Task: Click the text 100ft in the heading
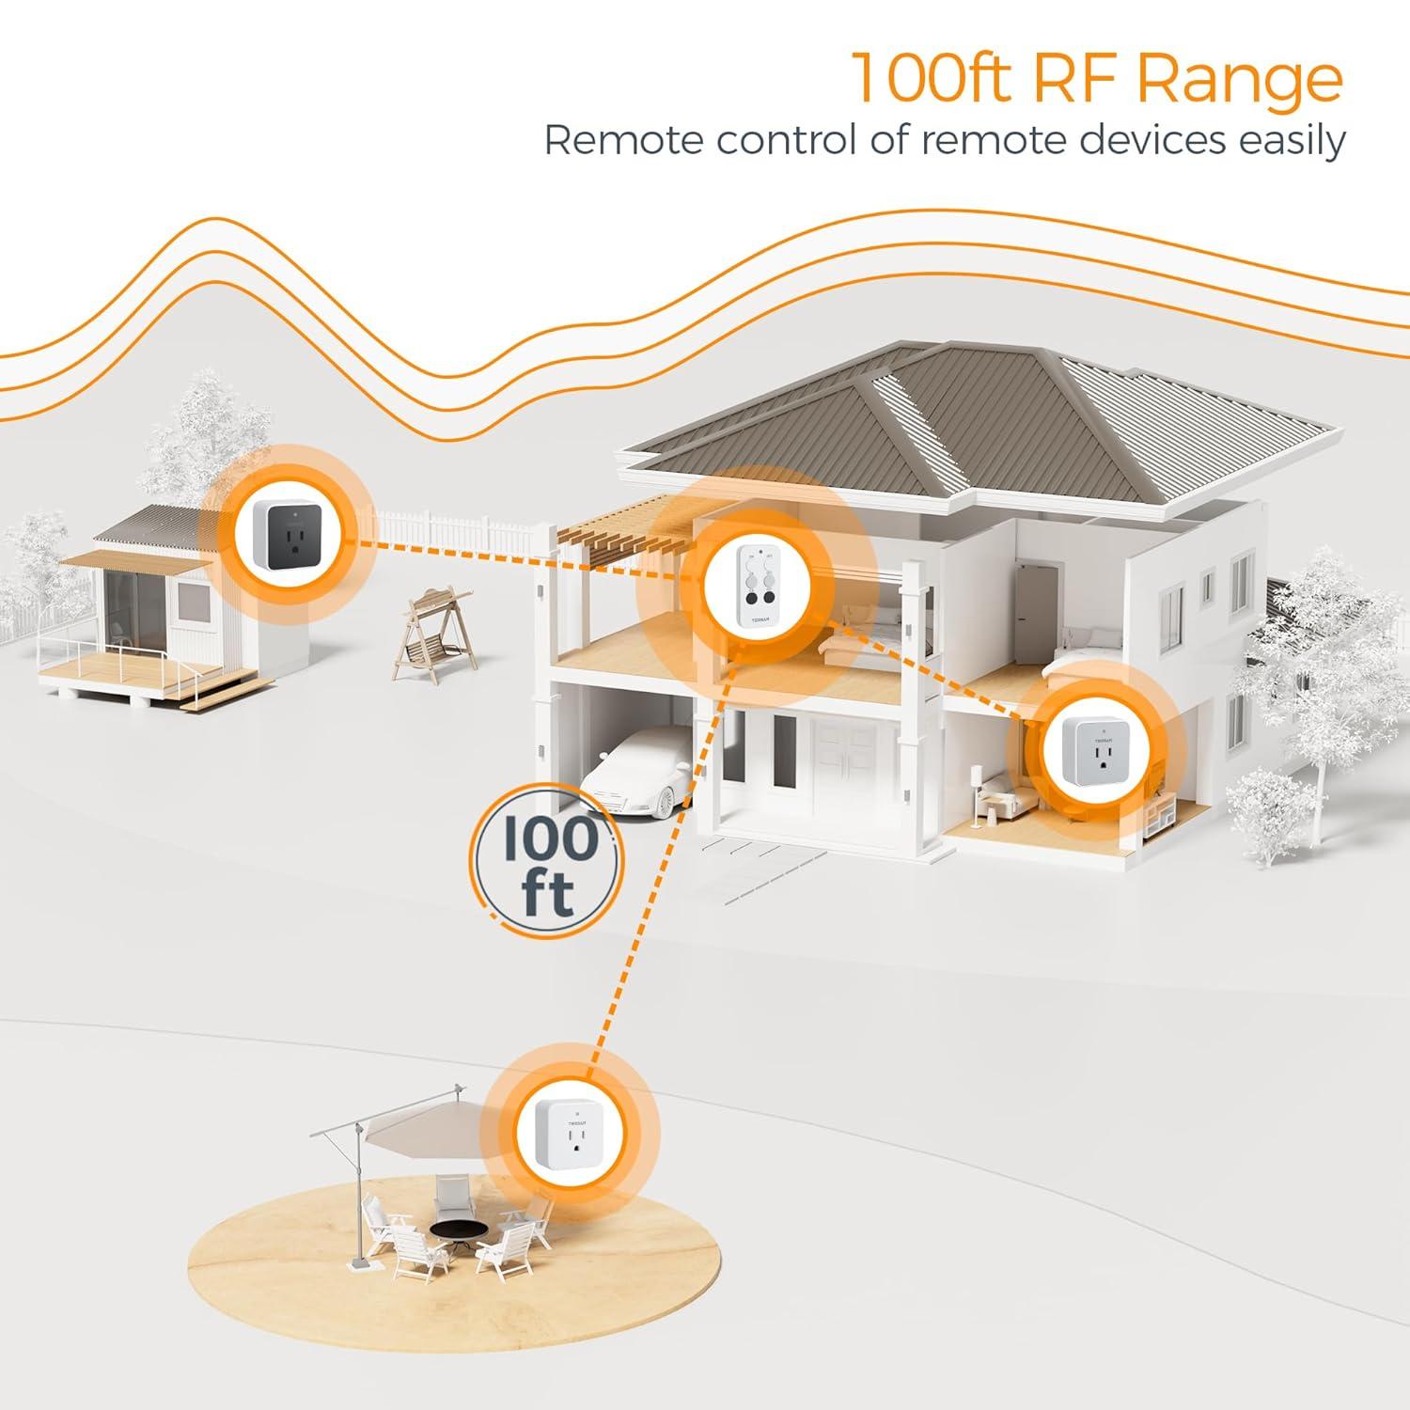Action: click(930, 79)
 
